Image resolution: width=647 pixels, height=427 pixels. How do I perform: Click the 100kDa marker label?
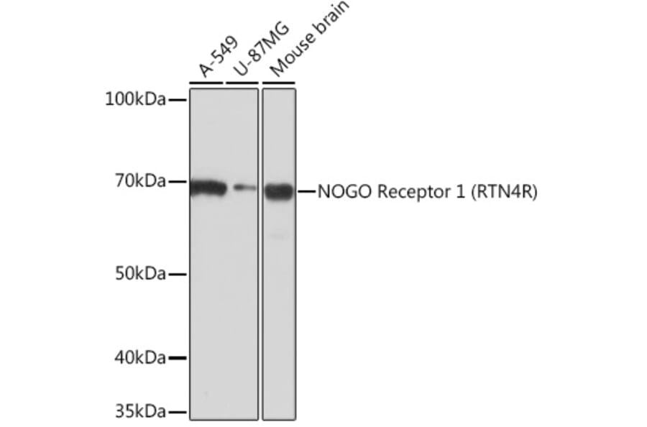(x=136, y=99)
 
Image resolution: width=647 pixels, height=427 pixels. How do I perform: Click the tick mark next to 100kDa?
(x=177, y=100)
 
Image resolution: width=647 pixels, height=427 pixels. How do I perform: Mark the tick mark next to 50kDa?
(x=178, y=274)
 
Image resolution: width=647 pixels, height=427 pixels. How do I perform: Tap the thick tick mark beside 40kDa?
(x=178, y=357)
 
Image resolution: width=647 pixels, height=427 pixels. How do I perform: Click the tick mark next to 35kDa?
(x=178, y=413)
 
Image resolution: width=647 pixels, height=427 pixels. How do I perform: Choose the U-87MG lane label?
(x=251, y=50)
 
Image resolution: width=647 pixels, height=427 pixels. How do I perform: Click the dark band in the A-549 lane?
(x=208, y=188)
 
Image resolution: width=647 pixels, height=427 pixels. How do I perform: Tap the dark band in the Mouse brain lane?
(x=279, y=191)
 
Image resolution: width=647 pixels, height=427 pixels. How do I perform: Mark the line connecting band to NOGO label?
(x=306, y=191)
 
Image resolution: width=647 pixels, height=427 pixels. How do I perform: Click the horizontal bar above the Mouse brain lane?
(x=279, y=83)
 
